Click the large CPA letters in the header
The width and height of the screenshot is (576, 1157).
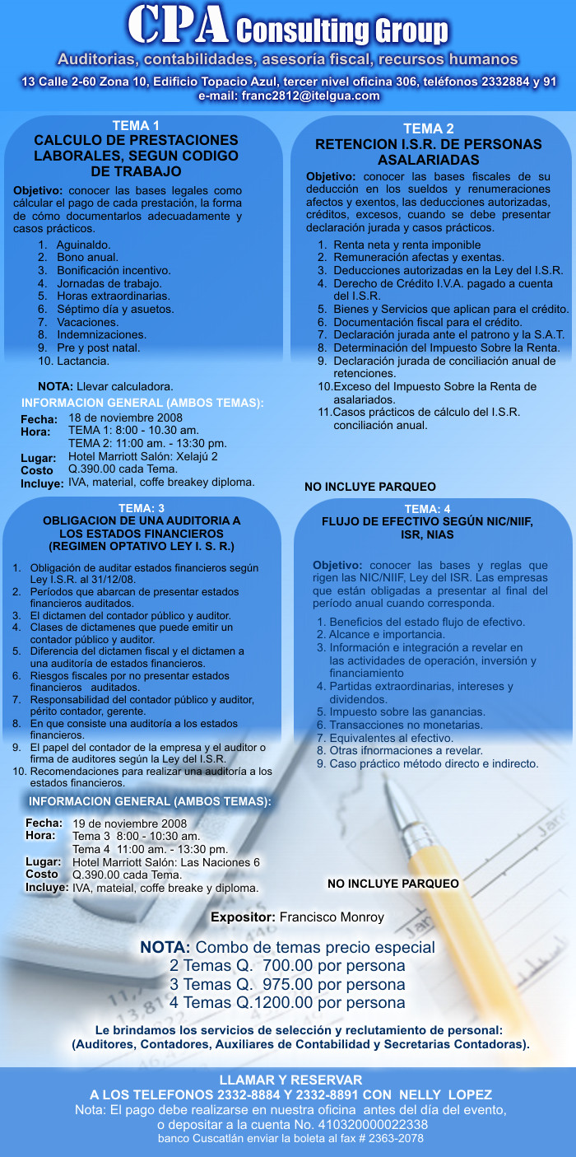(x=178, y=26)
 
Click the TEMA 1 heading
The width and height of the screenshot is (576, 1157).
(x=136, y=125)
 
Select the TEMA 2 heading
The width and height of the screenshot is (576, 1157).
(x=428, y=128)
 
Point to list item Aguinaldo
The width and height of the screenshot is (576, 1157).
(x=84, y=245)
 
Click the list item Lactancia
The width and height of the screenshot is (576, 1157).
(x=83, y=361)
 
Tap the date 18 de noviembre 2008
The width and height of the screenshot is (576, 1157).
(x=125, y=418)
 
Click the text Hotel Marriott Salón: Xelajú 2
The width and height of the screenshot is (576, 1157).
(x=142, y=456)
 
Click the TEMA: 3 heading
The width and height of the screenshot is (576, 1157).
(x=142, y=507)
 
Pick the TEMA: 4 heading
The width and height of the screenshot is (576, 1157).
(x=428, y=509)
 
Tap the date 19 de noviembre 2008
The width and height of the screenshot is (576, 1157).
(x=130, y=823)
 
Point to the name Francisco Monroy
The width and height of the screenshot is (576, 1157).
(x=332, y=917)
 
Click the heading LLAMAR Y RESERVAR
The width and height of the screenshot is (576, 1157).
(x=290, y=1080)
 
